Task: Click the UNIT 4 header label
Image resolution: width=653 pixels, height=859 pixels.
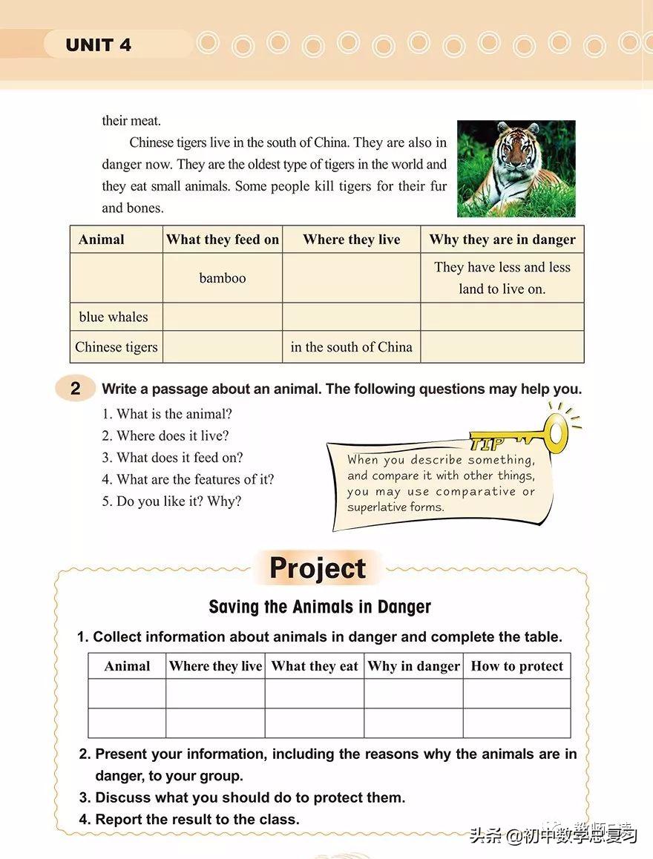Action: click(98, 45)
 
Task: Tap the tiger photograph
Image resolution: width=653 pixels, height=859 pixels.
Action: click(516, 168)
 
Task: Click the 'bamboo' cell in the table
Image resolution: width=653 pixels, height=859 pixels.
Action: click(222, 278)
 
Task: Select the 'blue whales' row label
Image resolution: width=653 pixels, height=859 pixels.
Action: click(114, 317)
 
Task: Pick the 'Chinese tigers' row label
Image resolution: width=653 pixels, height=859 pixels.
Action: click(117, 346)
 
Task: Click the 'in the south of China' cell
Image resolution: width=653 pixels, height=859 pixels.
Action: click(351, 346)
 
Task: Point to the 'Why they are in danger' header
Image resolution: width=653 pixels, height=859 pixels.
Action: click(502, 240)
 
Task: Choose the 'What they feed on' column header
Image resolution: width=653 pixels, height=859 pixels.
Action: click(223, 240)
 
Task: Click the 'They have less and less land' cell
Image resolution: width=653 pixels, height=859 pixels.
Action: click(502, 278)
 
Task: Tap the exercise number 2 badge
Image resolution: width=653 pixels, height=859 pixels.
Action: click(76, 389)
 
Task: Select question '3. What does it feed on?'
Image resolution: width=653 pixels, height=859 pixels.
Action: click(172, 458)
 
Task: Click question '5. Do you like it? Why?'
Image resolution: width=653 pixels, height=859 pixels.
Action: click(171, 501)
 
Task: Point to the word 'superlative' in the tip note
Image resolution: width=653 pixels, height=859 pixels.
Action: click(379, 507)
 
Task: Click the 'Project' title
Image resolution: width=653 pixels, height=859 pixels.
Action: click(318, 568)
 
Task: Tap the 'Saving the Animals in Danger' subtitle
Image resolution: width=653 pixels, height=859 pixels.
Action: click(320, 607)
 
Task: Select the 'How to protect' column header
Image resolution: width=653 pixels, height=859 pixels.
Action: click(516, 666)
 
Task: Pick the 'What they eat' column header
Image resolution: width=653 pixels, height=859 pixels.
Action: click(315, 666)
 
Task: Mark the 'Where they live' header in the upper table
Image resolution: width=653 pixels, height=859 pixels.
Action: click(351, 240)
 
